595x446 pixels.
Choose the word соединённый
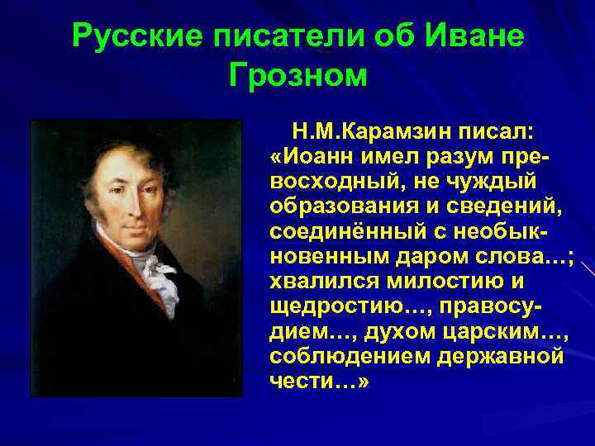[343, 229]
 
